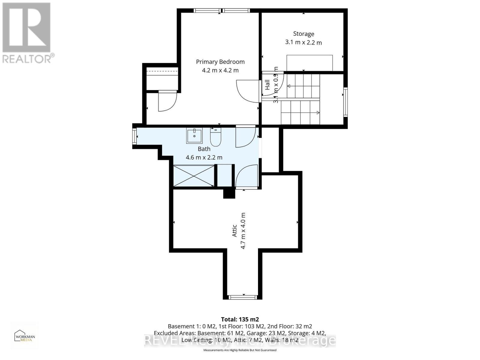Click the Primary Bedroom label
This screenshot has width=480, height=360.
click(220, 62)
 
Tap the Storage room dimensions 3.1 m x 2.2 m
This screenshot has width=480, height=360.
click(303, 42)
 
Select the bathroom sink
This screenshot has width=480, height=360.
click(194, 136)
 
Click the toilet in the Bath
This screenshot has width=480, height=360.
click(215, 137)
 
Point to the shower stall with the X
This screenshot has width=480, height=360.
click(194, 176)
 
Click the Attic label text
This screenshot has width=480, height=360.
click(235, 231)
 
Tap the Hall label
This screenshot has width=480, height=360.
click(267, 85)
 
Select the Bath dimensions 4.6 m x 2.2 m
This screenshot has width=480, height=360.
click(204, 157)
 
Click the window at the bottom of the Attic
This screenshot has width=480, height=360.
click(243, 297)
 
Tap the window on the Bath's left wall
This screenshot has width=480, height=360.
click(134, 138)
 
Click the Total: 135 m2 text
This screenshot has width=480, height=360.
click(240, 319)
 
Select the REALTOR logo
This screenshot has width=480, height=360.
click(27, 33)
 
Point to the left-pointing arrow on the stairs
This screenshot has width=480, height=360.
click(289, 86)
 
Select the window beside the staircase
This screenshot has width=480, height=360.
click(345, 102)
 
